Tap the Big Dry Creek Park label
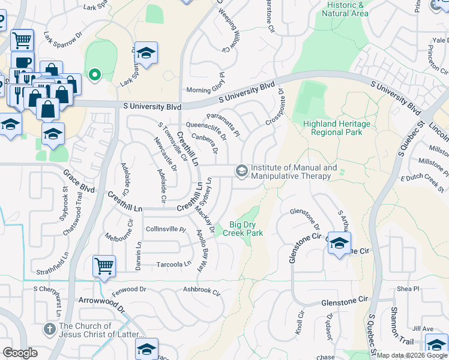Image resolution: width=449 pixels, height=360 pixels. pos(243,229)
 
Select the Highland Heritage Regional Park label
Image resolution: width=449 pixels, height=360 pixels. pos(336,128)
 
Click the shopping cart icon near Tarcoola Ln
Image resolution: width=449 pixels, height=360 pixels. pos(104,266)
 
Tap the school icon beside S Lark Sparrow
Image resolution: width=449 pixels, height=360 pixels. pos(145,53)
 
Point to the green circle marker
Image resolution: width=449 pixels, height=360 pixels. pos(94,75)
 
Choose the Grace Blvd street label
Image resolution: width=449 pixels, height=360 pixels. pos(79,181)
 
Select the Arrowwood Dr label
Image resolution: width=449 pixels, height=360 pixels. pos(101,303)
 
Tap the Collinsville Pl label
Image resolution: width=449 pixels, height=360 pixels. pos(166,229)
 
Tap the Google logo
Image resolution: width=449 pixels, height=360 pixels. pos(20,353)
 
